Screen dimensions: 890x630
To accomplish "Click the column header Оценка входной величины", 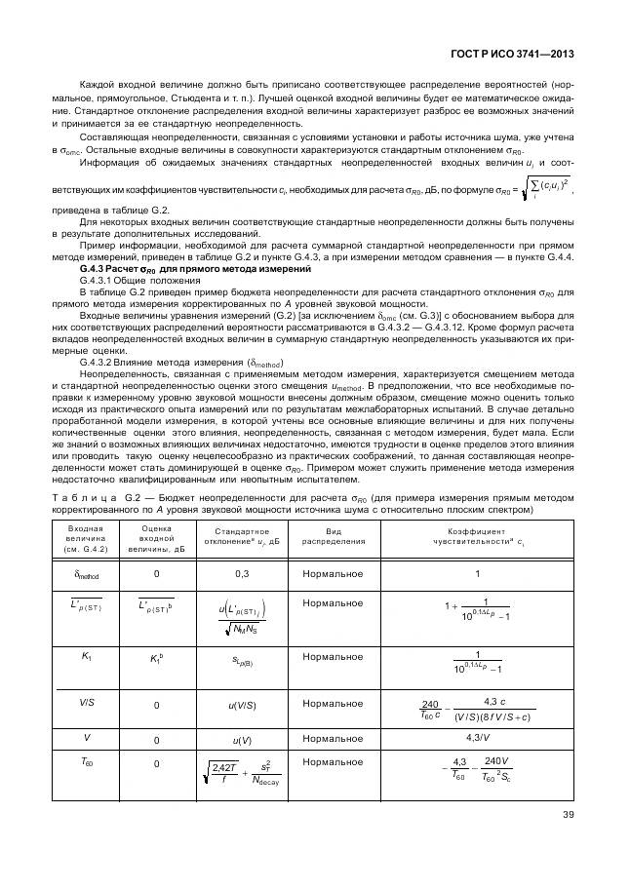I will coord(156,538).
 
